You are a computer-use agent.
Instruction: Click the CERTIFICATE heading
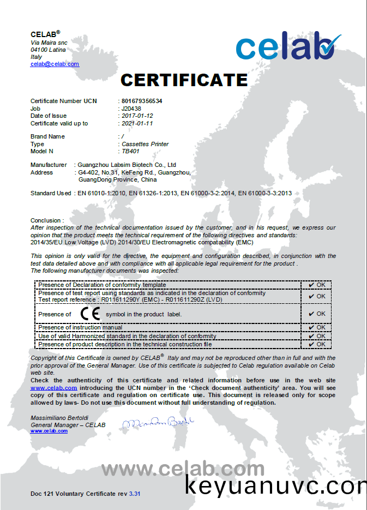184,80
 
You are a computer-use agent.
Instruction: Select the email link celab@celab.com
55,64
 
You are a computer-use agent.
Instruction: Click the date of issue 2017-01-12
137,116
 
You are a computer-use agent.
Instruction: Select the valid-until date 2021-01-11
137,123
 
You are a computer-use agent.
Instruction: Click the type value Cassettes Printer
145,144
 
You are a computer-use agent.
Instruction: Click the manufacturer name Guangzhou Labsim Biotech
127,165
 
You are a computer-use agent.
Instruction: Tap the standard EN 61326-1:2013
154,193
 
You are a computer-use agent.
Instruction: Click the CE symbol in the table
90,314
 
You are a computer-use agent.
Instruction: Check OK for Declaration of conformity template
317,285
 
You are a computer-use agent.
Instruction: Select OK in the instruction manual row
317,327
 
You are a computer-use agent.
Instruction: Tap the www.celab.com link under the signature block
49,431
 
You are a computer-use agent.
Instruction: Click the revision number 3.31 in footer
135,494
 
